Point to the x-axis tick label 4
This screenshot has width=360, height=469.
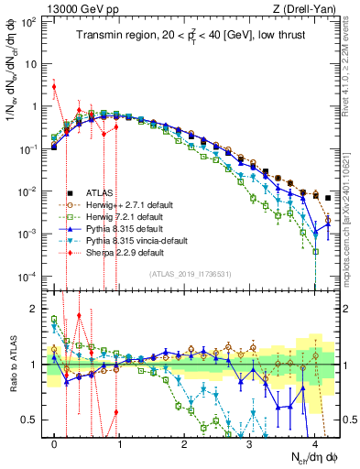point(314,441)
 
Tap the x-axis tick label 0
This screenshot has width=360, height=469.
point(55,441)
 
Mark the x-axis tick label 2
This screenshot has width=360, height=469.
point(184,441)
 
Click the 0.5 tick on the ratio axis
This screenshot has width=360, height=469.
point(32,420)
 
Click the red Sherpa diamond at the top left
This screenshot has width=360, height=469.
point(54,87)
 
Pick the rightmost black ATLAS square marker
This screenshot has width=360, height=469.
point(328,198)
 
